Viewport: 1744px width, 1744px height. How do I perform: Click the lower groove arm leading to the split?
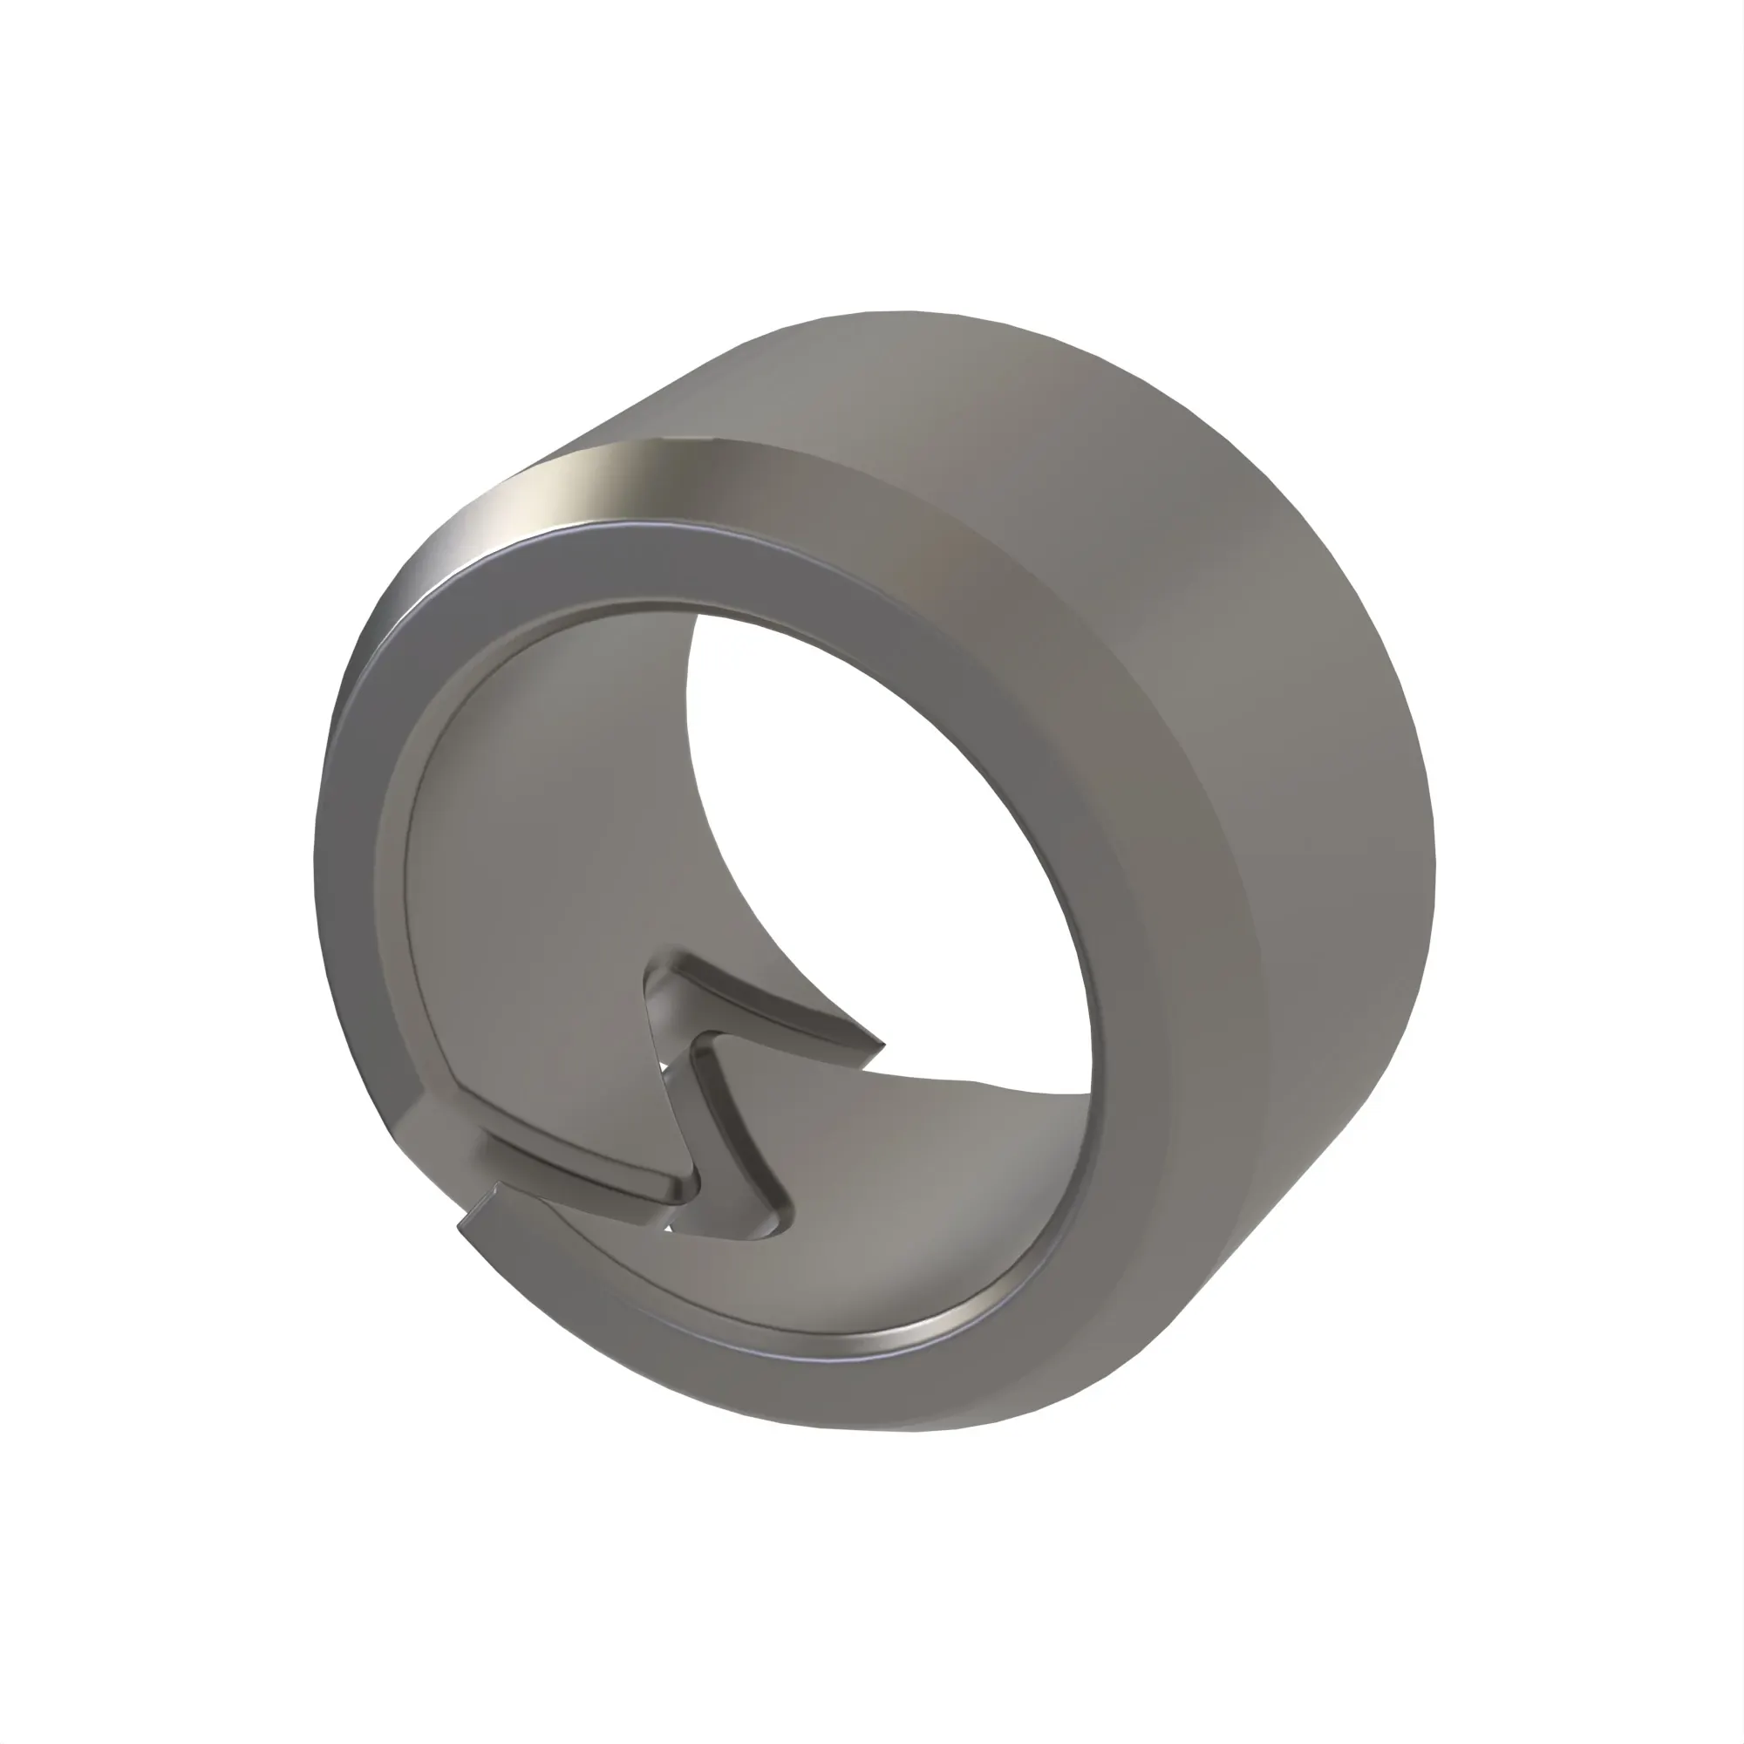(578, 1174)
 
